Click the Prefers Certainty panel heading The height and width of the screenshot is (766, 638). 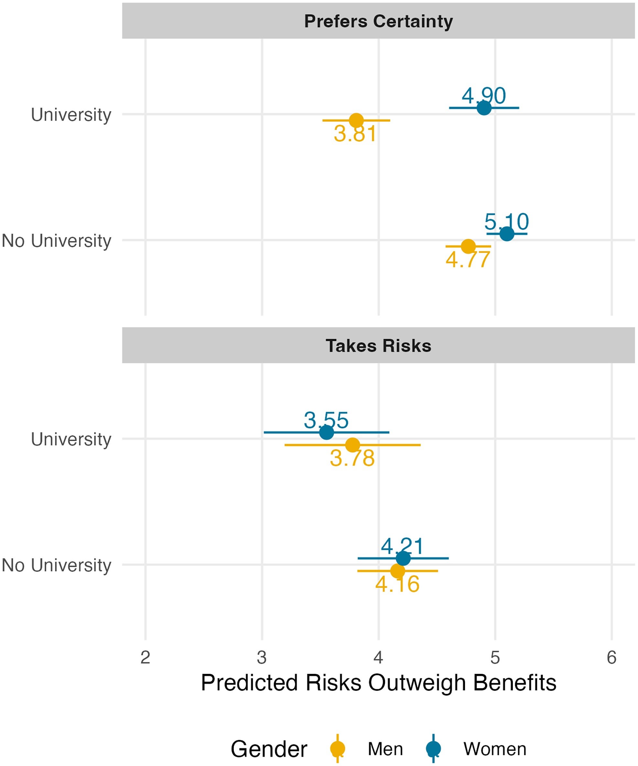pyautogui.click(x=378, y=21)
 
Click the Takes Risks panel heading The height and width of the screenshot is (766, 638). pyautogui.click(x=378, y=345)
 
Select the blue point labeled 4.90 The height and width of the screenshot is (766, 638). pyautogui.click(x=484, y=108)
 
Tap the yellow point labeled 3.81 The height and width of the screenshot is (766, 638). pyautogui.click(x=356, y=120)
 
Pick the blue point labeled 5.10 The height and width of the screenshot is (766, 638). pyautogui.click(x=507, y=233)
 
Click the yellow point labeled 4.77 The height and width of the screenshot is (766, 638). pyautogui.click(x=468, y=246)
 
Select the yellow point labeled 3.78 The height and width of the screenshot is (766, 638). pyautogui.click(x=352, y=445)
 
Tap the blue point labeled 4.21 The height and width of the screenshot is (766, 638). pyautogui.click(x=403, y=558)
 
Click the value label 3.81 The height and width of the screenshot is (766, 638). pyautogui.click(x=355, y=134)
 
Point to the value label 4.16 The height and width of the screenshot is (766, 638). pyautogui.click(x=397, y=585)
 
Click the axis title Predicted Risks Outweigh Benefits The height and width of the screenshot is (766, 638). pyautogui.click(x=378, y=683)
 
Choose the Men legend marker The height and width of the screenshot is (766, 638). pyautogui.click(x=337, y=749)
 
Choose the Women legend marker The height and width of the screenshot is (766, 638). pyautogui.click(x=433, y=749)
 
